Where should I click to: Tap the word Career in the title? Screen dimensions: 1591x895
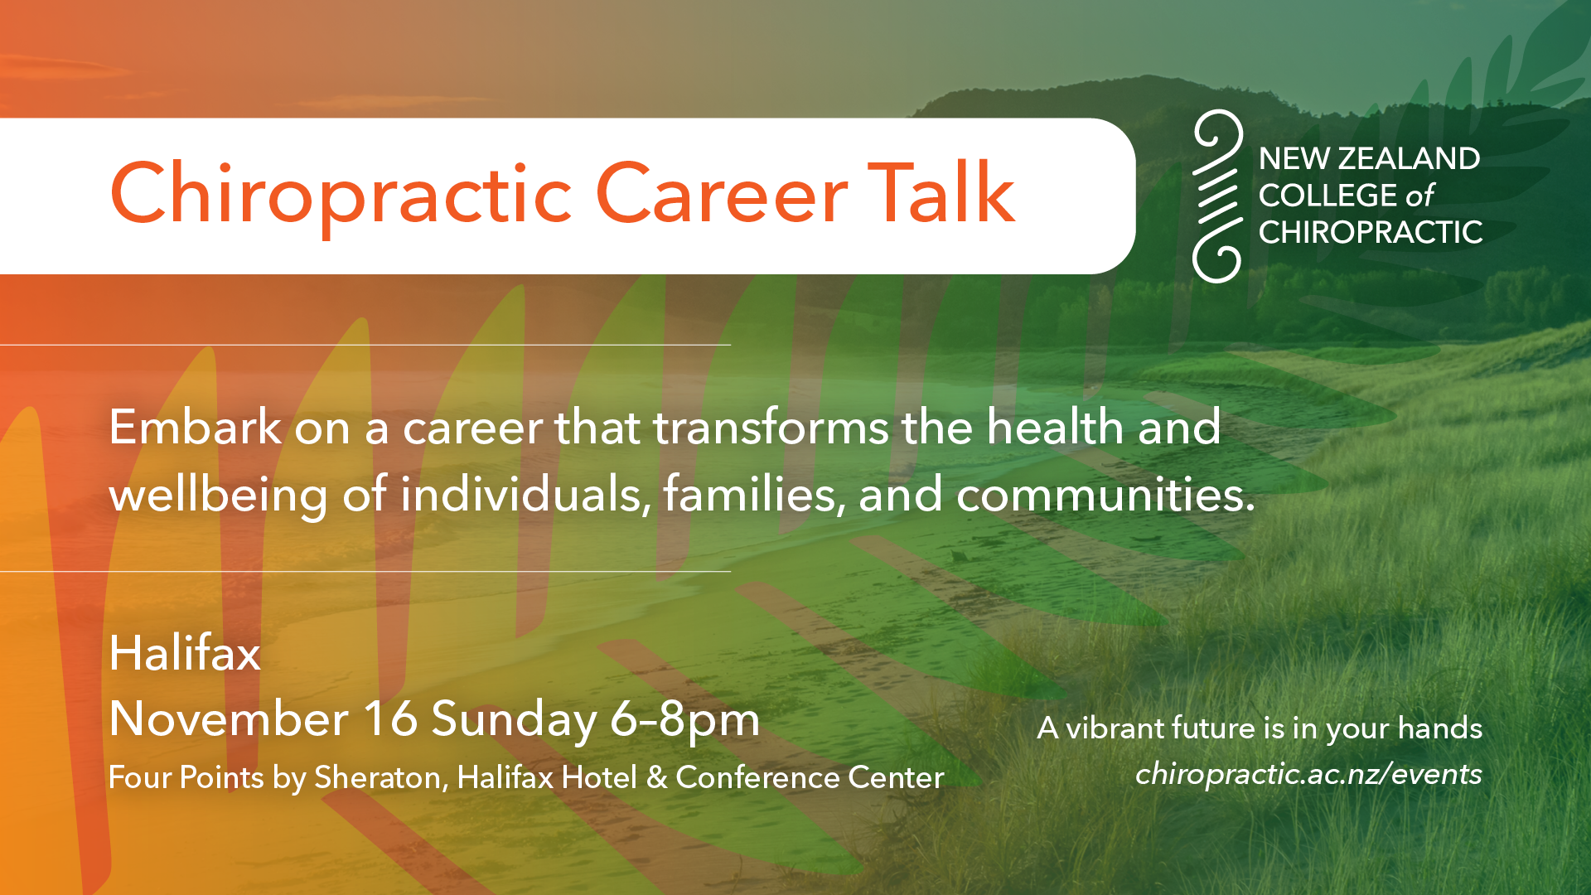click(x=721, y=194)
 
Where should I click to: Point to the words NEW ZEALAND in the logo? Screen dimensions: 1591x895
click(x=1369, y=158)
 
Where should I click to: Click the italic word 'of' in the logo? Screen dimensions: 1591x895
click(x=1419, y=196)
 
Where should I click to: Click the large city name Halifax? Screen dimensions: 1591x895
click(x=185, y=653)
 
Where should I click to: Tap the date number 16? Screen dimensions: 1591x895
click(x=389, y=718)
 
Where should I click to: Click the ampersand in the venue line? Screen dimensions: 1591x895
click(x=656, y=778)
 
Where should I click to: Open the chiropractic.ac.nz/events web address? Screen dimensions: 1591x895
click(x=1308, y=774)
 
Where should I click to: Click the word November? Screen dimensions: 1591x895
click(x=229, y=718)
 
